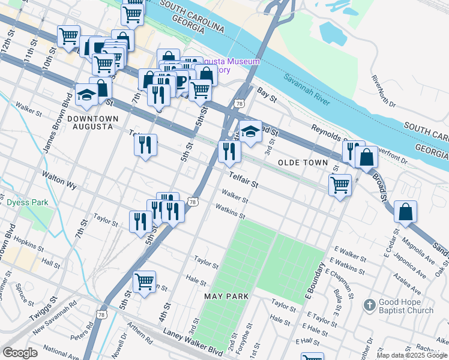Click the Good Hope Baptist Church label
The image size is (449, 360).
pos(406,306)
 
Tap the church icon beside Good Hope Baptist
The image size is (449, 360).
pos(370,305)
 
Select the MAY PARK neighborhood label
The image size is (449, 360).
pos(226,297)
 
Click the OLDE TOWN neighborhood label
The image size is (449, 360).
pos(303,163)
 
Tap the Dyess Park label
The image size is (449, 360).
pos(28,203)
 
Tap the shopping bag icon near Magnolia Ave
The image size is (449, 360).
pos(406,212)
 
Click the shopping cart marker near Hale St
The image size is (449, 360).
pos(144,281)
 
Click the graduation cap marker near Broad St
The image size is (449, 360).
pos(250,130)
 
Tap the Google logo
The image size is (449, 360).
pos(20,353)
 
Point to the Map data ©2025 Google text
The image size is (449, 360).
pos(412,355)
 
